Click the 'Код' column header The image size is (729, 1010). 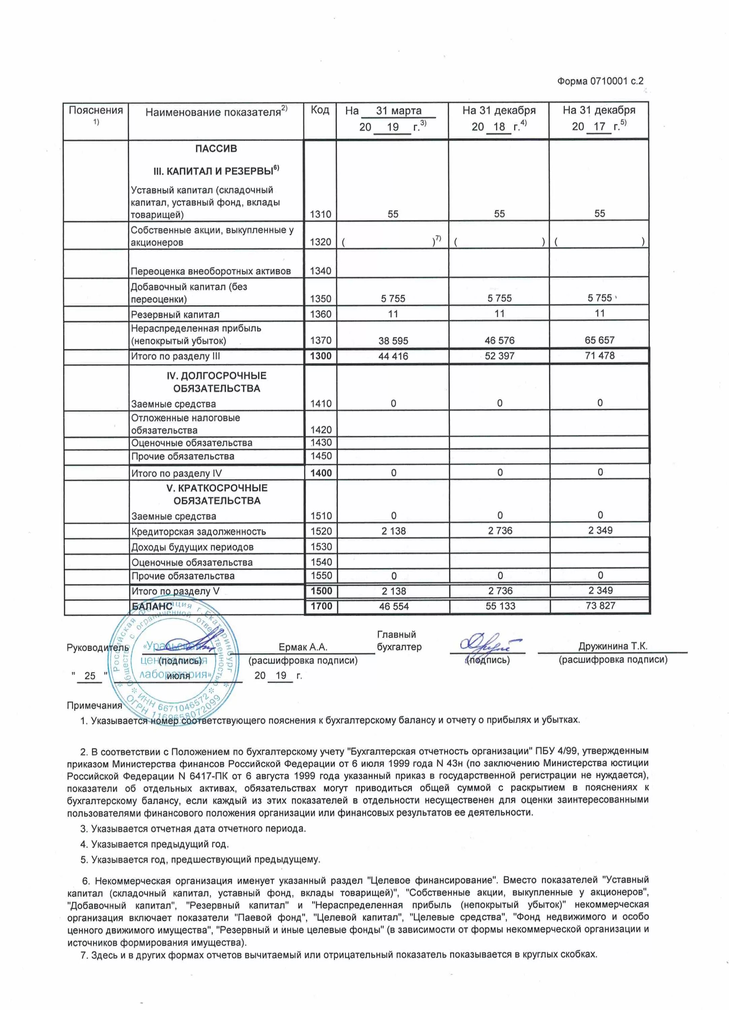point(320,110)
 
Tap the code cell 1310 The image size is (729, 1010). point(321,214)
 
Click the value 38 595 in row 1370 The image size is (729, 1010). point(393,341)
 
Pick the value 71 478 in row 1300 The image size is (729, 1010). point(599,356)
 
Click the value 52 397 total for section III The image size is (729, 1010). point(499,356)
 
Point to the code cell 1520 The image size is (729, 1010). point(321,531)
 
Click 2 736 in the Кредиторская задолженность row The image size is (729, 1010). point(500,530)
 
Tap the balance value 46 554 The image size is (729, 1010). point(393,606)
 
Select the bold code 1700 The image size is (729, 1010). point(321,606)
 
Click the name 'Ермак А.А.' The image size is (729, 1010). point(303,647)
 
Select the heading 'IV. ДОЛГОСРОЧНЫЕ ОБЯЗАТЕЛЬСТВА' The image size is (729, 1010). point(217,382)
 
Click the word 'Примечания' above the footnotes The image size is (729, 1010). point(94,705)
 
